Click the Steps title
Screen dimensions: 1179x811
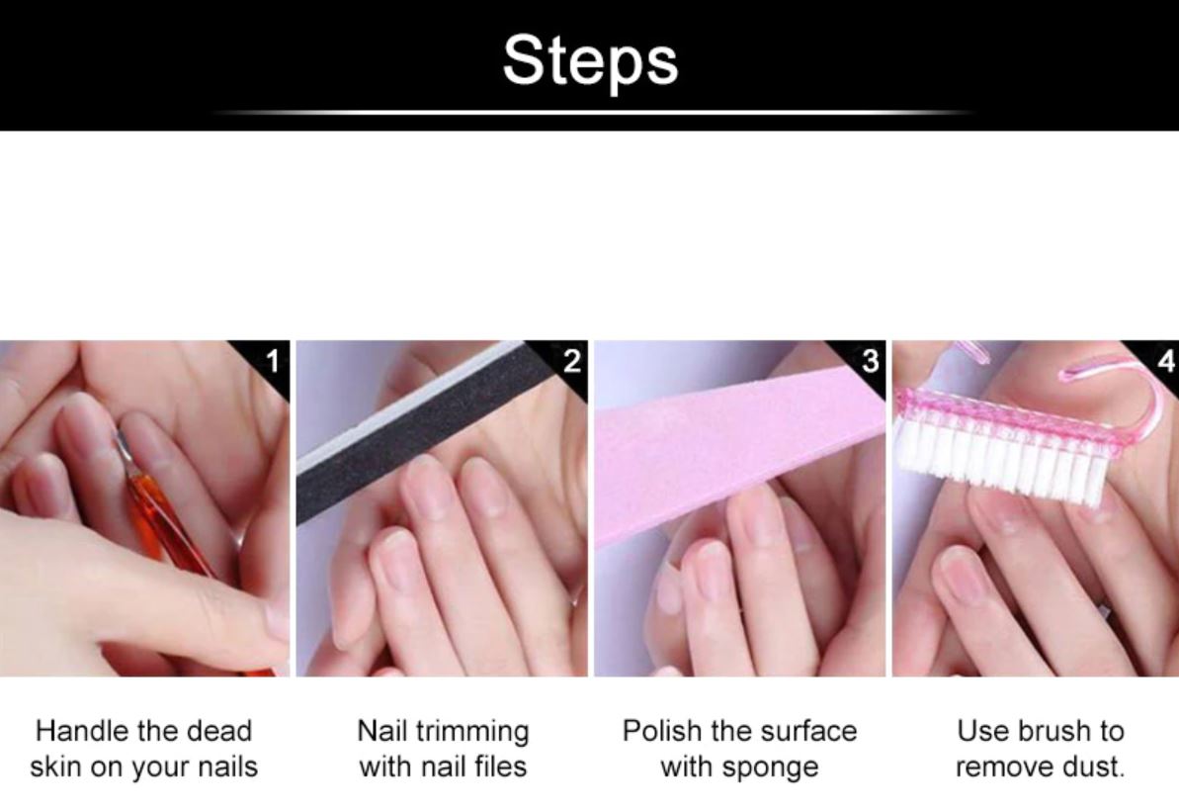point(590,60)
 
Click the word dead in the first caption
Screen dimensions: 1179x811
point(218,731)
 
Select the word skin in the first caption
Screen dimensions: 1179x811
point(56,766)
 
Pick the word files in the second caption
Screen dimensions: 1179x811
point(500,766)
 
